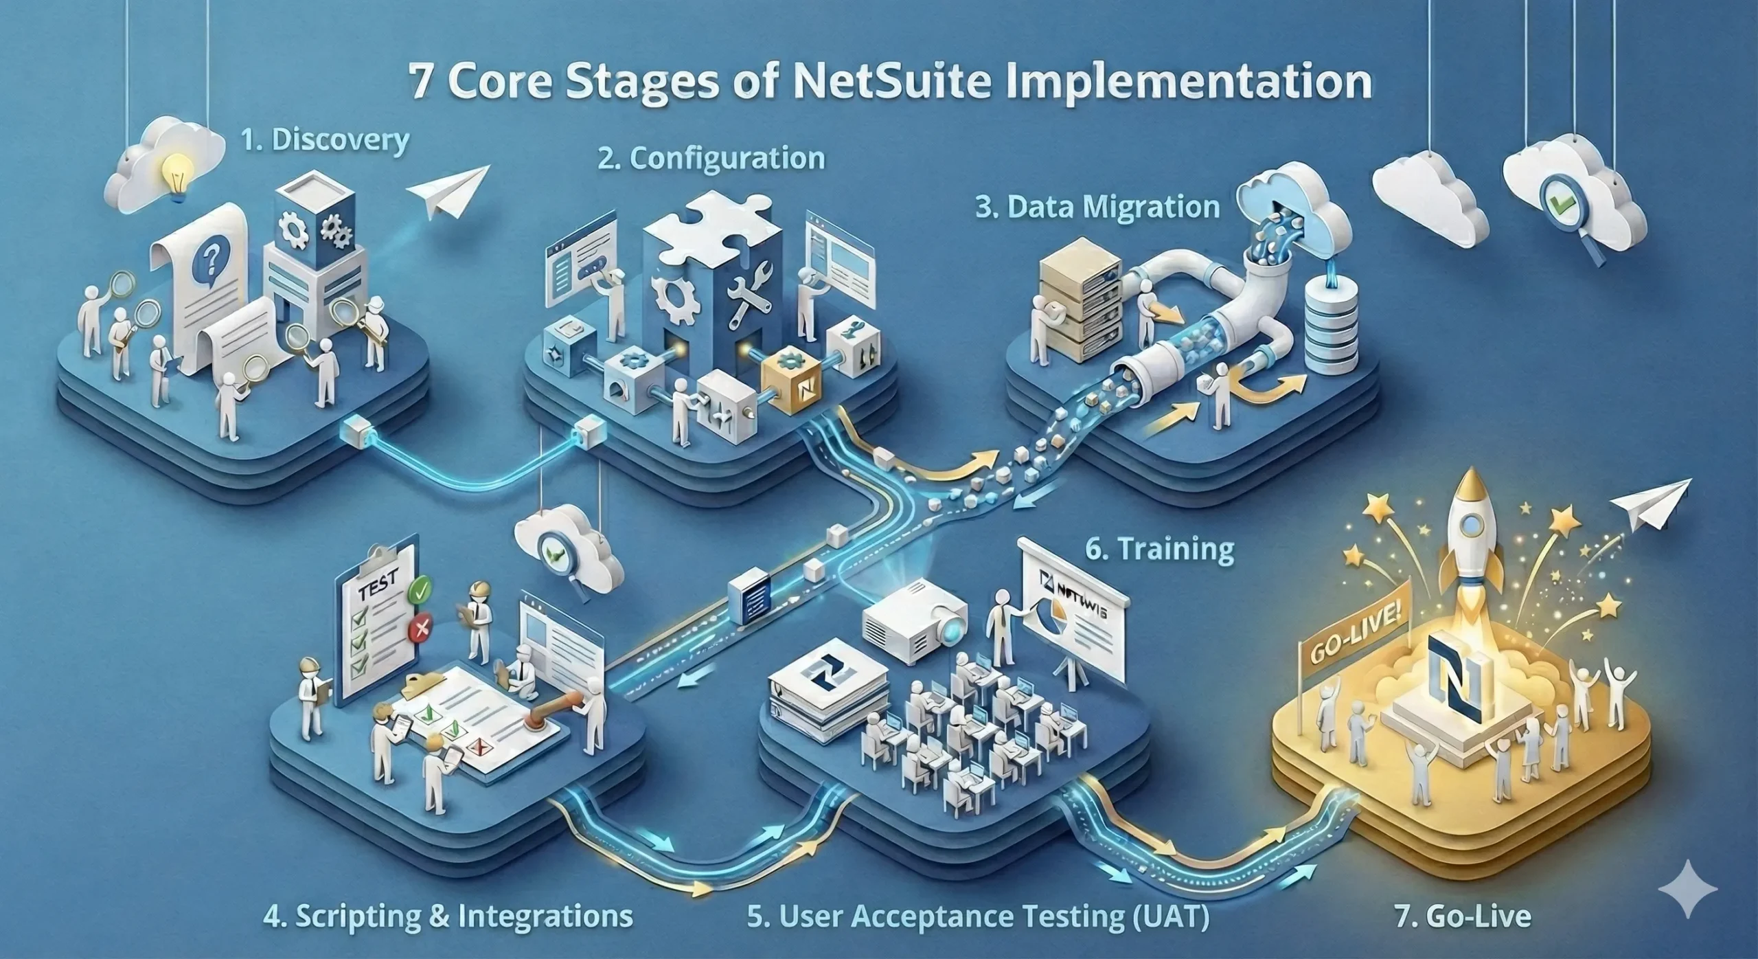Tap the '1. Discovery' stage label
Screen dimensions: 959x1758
coord(324,141)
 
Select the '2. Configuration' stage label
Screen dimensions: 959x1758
coord(711,158)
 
